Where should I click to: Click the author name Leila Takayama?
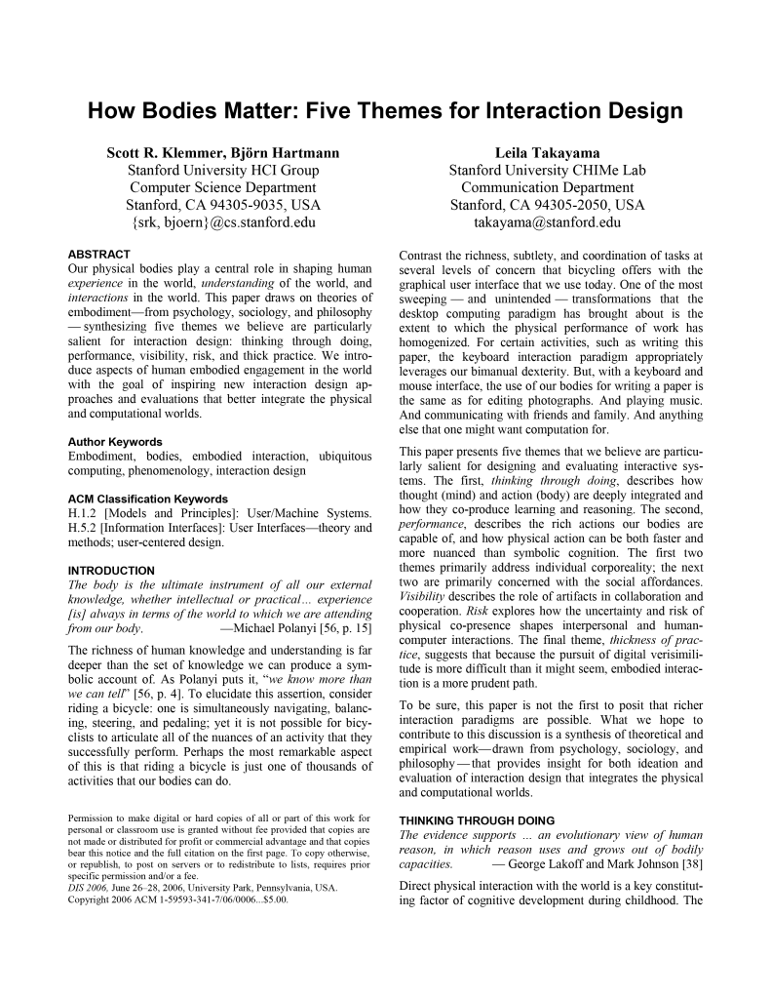click(547, 152)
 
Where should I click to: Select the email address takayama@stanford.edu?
click(547, 222)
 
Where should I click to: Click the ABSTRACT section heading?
click(99, 255)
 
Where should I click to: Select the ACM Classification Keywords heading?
click(148, 499)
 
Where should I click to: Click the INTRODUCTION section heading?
click(111, 570)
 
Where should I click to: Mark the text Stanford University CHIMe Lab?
click(547, 170)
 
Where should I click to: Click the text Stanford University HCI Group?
click(223, 170)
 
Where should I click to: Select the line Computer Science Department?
click(223, 187)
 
